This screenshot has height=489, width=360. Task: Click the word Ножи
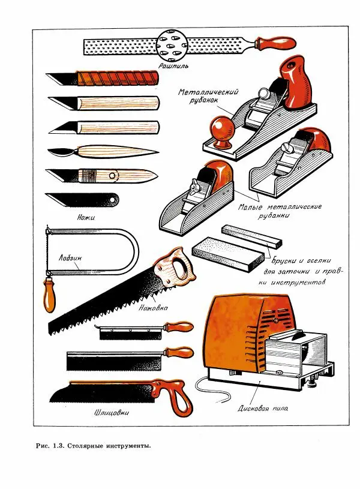click(x=87, y=215)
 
